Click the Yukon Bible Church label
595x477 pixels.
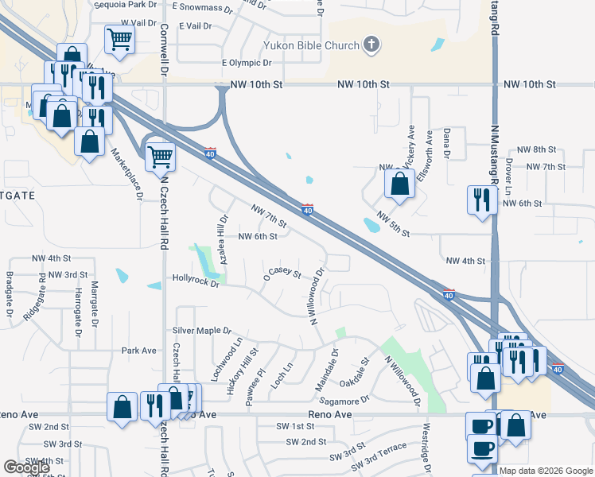[302, 45]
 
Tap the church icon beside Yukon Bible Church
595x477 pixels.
[371, 45]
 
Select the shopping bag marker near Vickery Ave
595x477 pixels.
[399, 184]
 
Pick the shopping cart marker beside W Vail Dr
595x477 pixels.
[119, 38]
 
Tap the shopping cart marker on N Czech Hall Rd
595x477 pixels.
[160, 156]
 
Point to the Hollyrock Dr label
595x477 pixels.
[196, 281]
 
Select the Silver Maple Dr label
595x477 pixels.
[202, 331]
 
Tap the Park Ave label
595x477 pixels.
[139, 350]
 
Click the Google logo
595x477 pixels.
[25, 467]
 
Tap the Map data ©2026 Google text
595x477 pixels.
[546, 471]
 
